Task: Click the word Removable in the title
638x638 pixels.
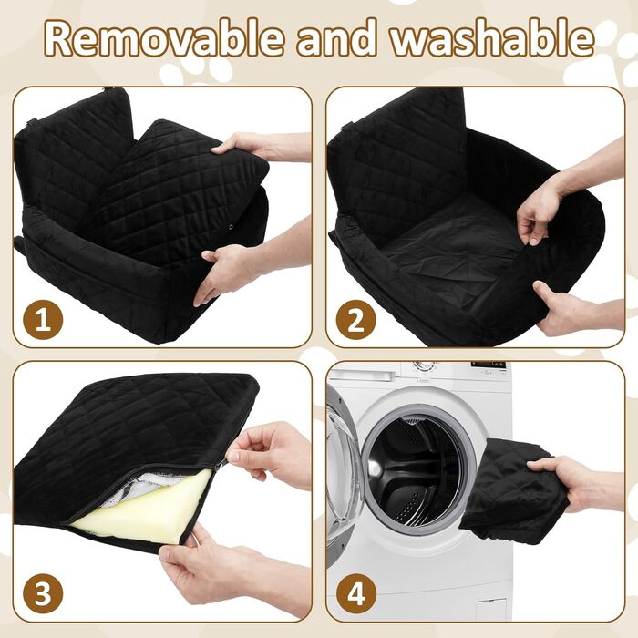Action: click(x=163, y=38)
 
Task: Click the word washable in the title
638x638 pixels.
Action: click(x=492, y=38)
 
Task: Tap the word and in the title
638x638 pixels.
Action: click(x=337, y=38)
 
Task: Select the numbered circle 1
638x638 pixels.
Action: click(x=43, y=319)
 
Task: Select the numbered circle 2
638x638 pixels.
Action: click(x=356, y=319)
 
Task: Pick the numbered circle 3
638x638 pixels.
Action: click(x=43, y=593)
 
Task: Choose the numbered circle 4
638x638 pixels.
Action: click(x=356, y=593)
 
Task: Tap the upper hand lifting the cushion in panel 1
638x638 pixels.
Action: click(x=261, y=147)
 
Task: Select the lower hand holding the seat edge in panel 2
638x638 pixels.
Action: click(x=578, y=309)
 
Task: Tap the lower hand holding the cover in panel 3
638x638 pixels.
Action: click(x=236, y=570)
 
